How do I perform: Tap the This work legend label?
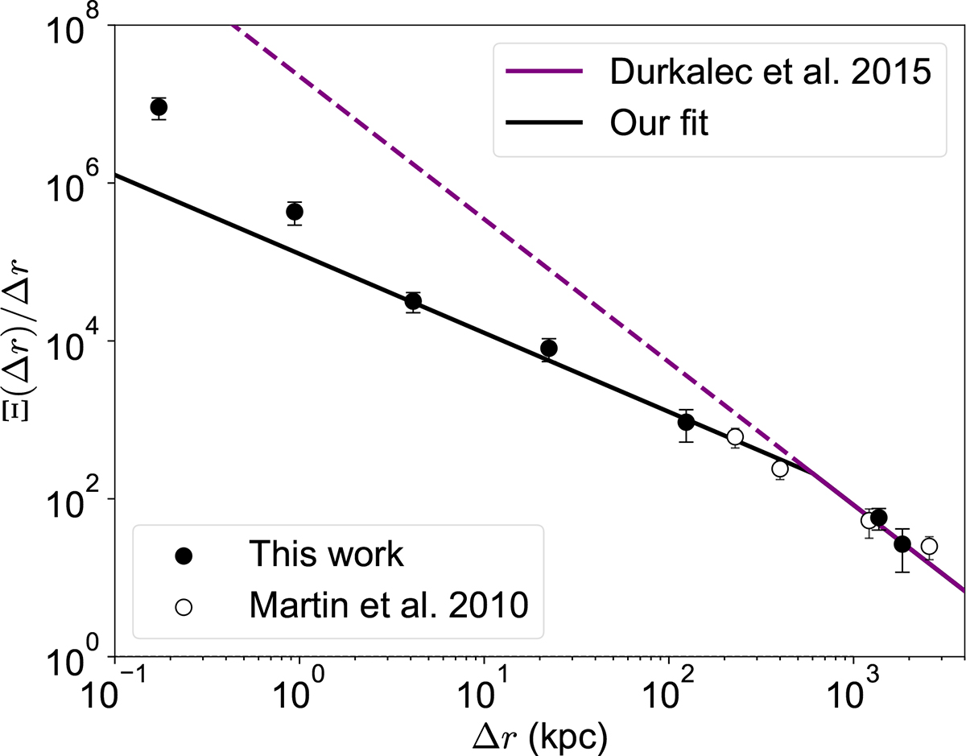[x=325, y=555]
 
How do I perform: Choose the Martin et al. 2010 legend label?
[x=389, y=605]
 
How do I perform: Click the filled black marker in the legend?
[x=184, y=556]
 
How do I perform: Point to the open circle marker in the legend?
[x=184, y=606]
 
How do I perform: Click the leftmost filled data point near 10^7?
[x=159, y=108]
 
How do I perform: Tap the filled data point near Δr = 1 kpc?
[x=295, y=212]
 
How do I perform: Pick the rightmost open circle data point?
[x=929, y=547]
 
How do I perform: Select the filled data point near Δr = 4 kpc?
[x=413, y=301]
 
